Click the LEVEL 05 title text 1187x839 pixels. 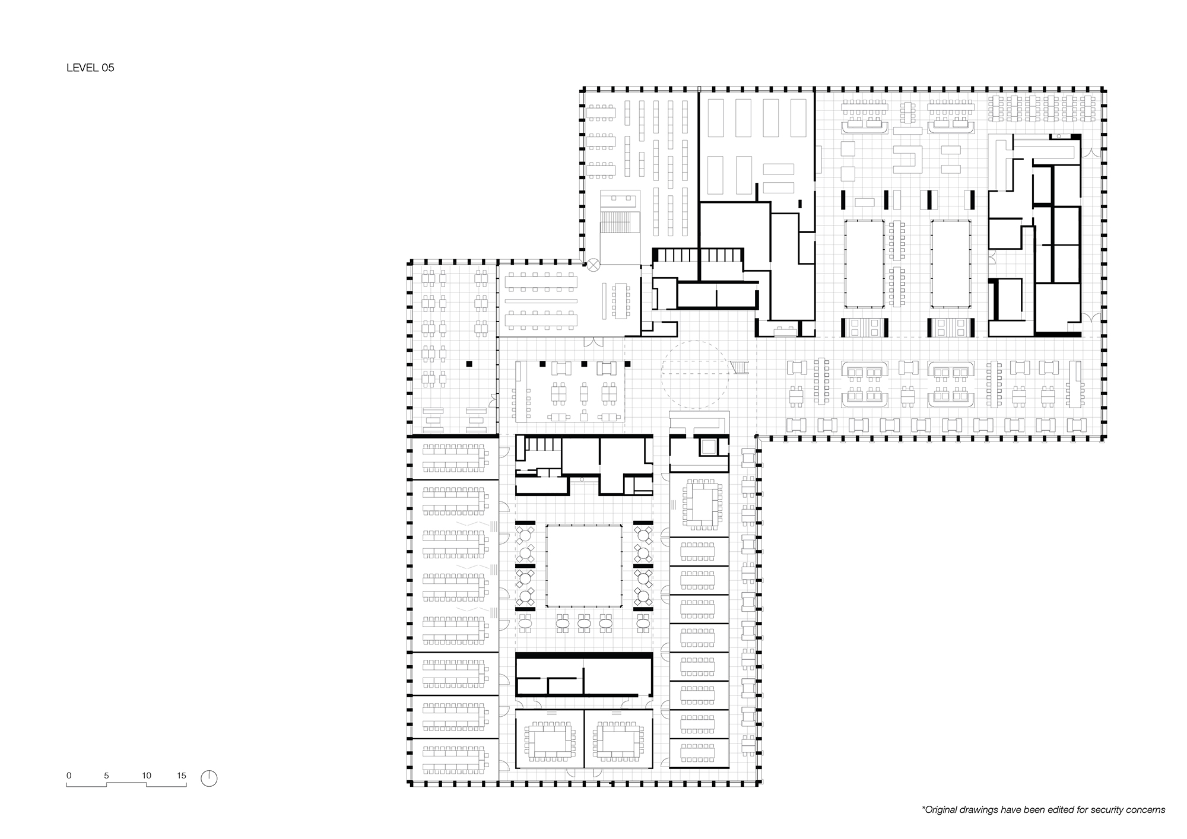[90, 68]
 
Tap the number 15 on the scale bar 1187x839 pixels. [182, 776]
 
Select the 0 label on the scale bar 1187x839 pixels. [69, 776]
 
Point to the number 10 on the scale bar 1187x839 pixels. [147, 776]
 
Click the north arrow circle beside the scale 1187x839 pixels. [209, 778]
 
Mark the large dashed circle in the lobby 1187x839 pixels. [695, 374]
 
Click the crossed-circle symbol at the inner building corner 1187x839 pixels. [593, 265]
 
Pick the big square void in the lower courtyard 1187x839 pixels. [584, 564]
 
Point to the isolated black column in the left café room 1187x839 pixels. [469, 363]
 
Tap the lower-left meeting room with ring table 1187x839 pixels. [550, 741]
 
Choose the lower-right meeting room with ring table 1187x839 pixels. [618, 741]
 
